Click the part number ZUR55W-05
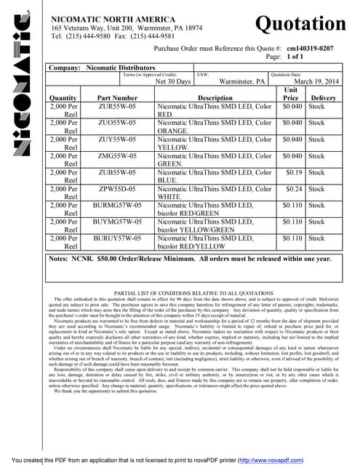pos(117,107)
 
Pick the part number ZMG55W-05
pos(117,155)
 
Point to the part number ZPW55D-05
pos(117,188)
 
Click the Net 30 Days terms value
pos(173,82)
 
